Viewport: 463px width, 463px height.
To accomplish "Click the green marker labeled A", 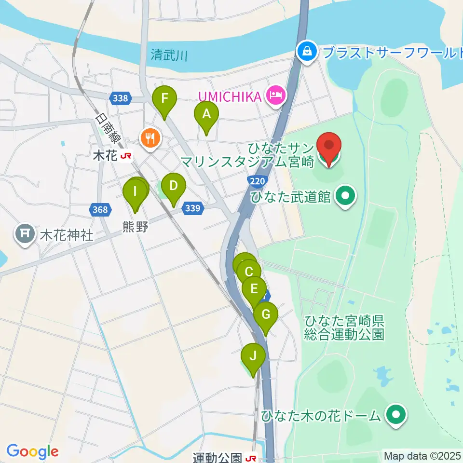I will [206, 115].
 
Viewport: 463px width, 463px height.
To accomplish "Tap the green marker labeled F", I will [164, 99].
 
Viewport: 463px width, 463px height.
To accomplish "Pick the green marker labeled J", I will [253, 356].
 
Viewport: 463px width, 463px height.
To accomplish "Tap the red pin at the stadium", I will [329, 145].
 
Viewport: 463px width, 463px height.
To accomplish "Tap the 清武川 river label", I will [168, 55].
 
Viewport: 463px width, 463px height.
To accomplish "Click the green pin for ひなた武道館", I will [345, 196].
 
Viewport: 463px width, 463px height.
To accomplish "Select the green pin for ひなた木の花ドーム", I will [396, 414].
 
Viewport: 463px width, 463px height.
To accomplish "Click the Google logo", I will [32, 451].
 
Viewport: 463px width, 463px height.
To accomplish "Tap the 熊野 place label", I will [135, 227].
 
